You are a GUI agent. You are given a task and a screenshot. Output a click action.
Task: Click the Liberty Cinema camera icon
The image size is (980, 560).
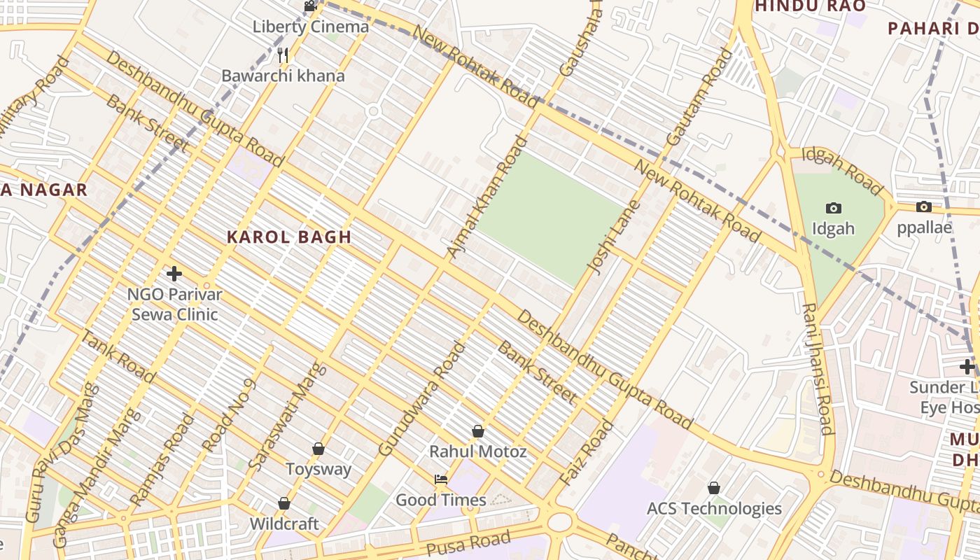pyautogui.click(x=310, y=6)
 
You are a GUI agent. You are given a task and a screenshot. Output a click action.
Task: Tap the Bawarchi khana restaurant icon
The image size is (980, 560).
pyautogui.click(x=283, y=55)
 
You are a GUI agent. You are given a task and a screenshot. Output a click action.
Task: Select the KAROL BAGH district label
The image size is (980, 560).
pyautogui.click(x=289, y=237)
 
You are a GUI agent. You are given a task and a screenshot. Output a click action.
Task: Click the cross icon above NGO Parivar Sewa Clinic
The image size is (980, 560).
pyautogui.click(x=174, y=274)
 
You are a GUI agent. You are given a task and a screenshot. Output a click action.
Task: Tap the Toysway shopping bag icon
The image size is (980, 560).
pyautogui.click(x=318, y=449)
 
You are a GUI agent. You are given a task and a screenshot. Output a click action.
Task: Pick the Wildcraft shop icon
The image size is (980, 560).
pyautogui.click(x=284, y=503)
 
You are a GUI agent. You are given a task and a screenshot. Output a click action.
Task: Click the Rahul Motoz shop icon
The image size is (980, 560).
pyautogui.click(x=477, y=431)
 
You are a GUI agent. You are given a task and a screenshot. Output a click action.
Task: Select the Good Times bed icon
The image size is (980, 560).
pyautogui.click(x=441, y=479)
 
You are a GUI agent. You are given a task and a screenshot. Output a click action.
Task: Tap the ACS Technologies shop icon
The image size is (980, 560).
pyautogui.click(x=714, y=488)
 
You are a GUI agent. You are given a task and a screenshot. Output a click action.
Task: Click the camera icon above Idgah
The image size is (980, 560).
pyautogui.click(x=833, y=208)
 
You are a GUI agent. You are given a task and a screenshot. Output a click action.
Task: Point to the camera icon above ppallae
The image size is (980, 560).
pyautogui.click(x=924, y=207)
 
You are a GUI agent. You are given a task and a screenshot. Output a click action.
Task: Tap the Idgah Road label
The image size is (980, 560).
pyautogui.click(x=841, y=171)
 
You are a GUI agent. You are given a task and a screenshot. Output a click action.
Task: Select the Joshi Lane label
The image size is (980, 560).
pyautogui.click(x=605, y=237)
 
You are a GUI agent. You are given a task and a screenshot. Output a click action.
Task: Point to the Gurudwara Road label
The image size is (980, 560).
pyautogui.click(x=421, y=398)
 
